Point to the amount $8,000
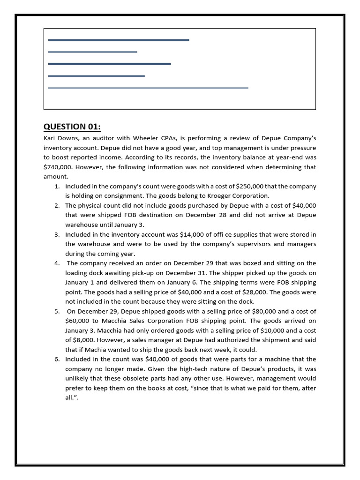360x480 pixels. [x=86, y=340]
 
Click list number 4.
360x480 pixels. [x=57, y=263]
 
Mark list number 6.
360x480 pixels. [x=57, y=359]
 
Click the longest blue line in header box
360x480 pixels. [x=148, y=88]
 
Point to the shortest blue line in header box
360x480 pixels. [x=92, y=52]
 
